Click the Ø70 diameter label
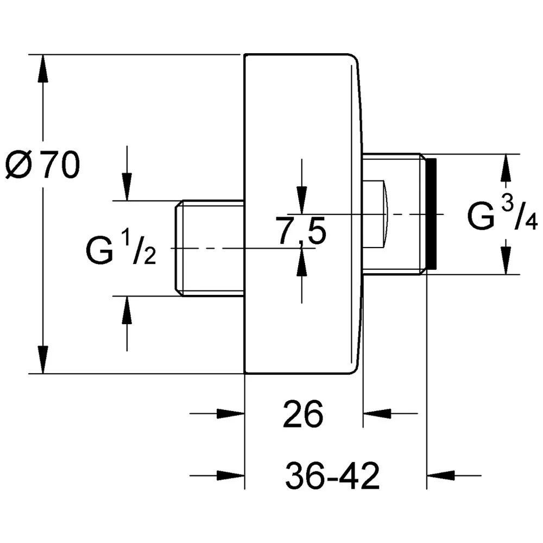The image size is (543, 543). tap(43, 165)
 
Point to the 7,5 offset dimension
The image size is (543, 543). tap(301, 230)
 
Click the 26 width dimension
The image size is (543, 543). tap(303, 414)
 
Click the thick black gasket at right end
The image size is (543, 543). tap(432, 214)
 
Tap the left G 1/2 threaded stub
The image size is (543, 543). tap(210, 248)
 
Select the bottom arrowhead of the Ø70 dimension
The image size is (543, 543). tap(42, 360)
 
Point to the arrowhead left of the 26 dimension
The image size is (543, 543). tap(231, 413)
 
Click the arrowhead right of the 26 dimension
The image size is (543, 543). tap(377, 413)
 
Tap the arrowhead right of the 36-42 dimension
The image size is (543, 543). tap(440, 476)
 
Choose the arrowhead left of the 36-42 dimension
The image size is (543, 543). tap(231, 476)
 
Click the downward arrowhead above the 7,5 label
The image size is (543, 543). tap(301, 200)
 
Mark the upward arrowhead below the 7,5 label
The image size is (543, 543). tap(301, 262)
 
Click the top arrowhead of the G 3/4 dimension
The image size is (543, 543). tap(506, 168)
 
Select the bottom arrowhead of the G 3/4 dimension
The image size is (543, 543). tap(506, 261)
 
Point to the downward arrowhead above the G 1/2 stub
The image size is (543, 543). tap(127, 187)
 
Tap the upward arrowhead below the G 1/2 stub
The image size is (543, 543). tap(127, 310)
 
